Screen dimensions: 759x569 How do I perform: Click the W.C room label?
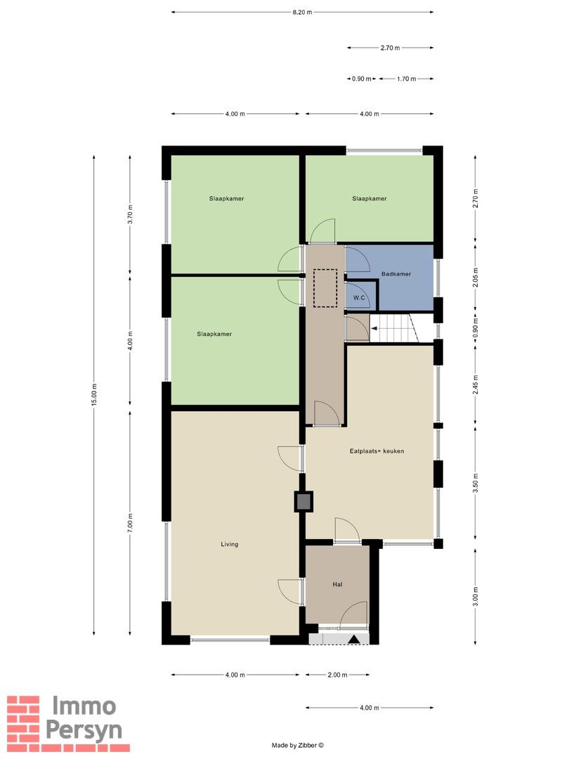359,298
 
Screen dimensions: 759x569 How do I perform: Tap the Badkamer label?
396,274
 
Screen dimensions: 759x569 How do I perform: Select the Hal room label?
337,584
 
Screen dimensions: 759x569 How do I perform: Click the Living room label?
229,544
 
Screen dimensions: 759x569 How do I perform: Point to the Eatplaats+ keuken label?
377,451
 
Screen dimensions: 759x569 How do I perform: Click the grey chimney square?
303,501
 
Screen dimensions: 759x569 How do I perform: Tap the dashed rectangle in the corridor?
325,288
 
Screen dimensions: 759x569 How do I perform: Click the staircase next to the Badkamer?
393,329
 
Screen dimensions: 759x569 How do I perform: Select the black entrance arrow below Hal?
355,639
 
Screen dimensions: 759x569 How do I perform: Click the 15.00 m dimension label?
94,396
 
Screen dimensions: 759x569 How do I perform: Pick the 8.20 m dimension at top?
302,12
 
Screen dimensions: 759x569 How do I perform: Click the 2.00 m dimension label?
337,675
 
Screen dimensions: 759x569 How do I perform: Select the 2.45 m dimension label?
476,388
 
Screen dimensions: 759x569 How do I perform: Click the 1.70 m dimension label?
407,79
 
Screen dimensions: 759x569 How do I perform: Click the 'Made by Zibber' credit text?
298,746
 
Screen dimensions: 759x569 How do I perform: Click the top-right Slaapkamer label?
369,199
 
